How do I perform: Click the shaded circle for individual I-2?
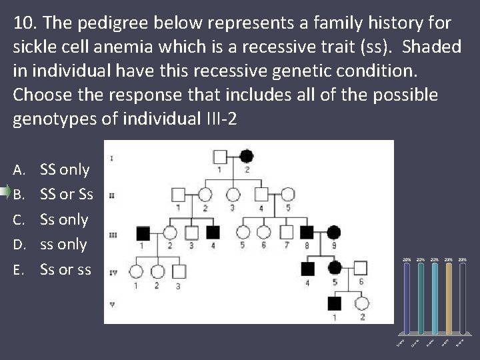click(246, 157)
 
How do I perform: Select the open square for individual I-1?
click(220, 157)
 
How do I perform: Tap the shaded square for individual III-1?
click(143, 233)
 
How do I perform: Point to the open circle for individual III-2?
click(170, 233)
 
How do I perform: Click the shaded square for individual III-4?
click(213, 233)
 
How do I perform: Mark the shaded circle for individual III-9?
click(333, 233)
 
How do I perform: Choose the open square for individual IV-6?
click(361, 269)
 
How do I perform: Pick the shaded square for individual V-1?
click(334, 304)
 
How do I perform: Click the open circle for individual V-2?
click(362, 304)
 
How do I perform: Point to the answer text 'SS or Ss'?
click(67, 195)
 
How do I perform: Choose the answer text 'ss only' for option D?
click(63, 244)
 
